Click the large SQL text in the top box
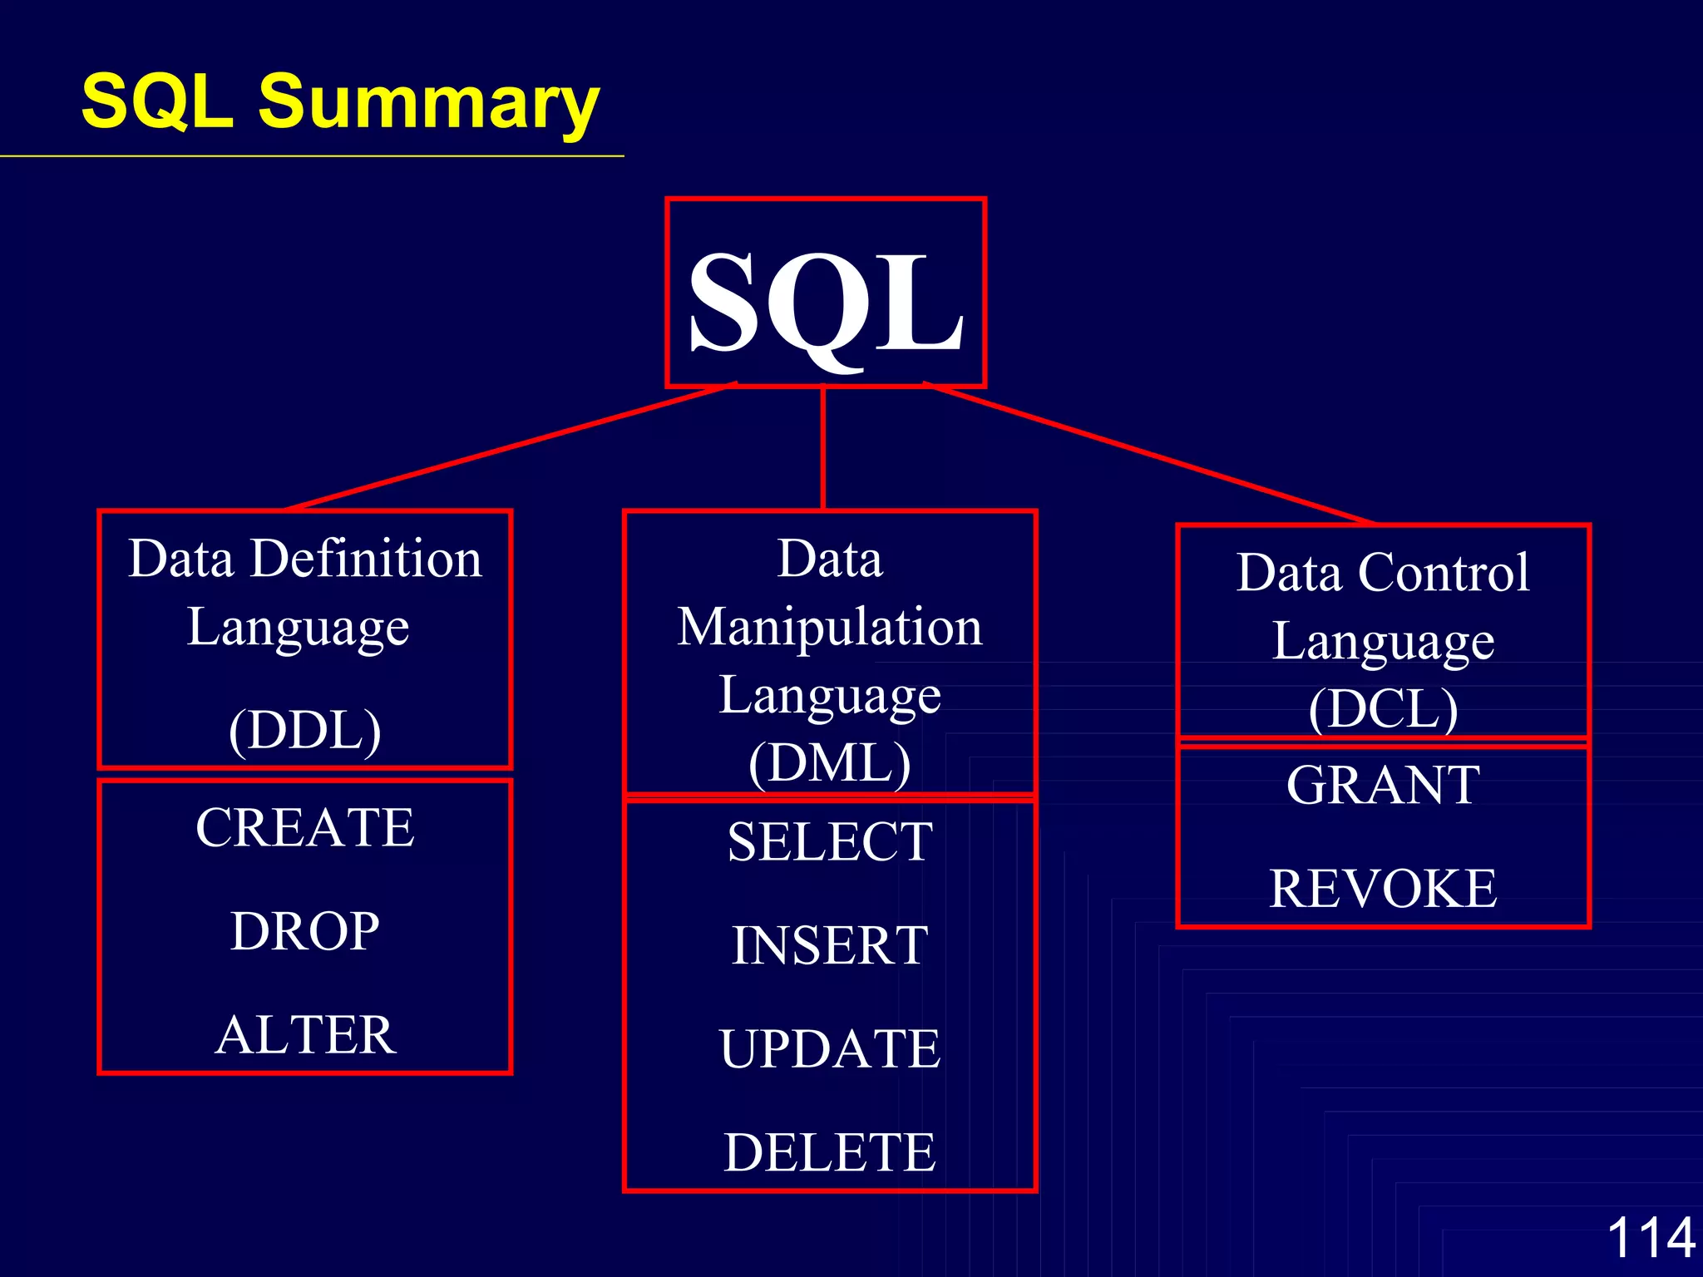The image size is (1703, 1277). coord(826,303)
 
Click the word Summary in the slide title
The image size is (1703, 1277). coord(428,102)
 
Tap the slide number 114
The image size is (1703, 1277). coord(1651,1237)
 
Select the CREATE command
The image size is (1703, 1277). coord(305,828)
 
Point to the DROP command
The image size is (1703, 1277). coord(305,931)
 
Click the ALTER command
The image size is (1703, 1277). coord(305,1035)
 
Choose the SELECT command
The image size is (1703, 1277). coord(830,842)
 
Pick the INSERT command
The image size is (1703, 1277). coord(830,946)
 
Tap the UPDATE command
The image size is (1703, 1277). coord(830,1049)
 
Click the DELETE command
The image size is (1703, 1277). coord(830,1152)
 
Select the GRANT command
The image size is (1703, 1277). coord(1383,785)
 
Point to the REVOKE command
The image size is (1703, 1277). coord(1383,889)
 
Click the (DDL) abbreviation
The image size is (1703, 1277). coord(305,730)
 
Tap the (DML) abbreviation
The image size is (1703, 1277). coord(830,763)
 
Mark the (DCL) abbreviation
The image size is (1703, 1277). coord(1383,709)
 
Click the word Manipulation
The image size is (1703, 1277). coord(830,627)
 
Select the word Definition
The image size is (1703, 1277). coord(366,558)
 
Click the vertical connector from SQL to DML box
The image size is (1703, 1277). coord(822,449)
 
